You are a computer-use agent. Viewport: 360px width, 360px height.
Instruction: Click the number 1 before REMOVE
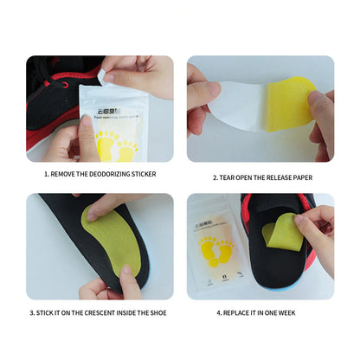[46, 174]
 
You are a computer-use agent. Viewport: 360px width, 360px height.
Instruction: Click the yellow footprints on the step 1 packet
[115, 145]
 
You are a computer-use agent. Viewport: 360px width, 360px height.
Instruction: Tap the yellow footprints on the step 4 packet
[215, 253]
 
